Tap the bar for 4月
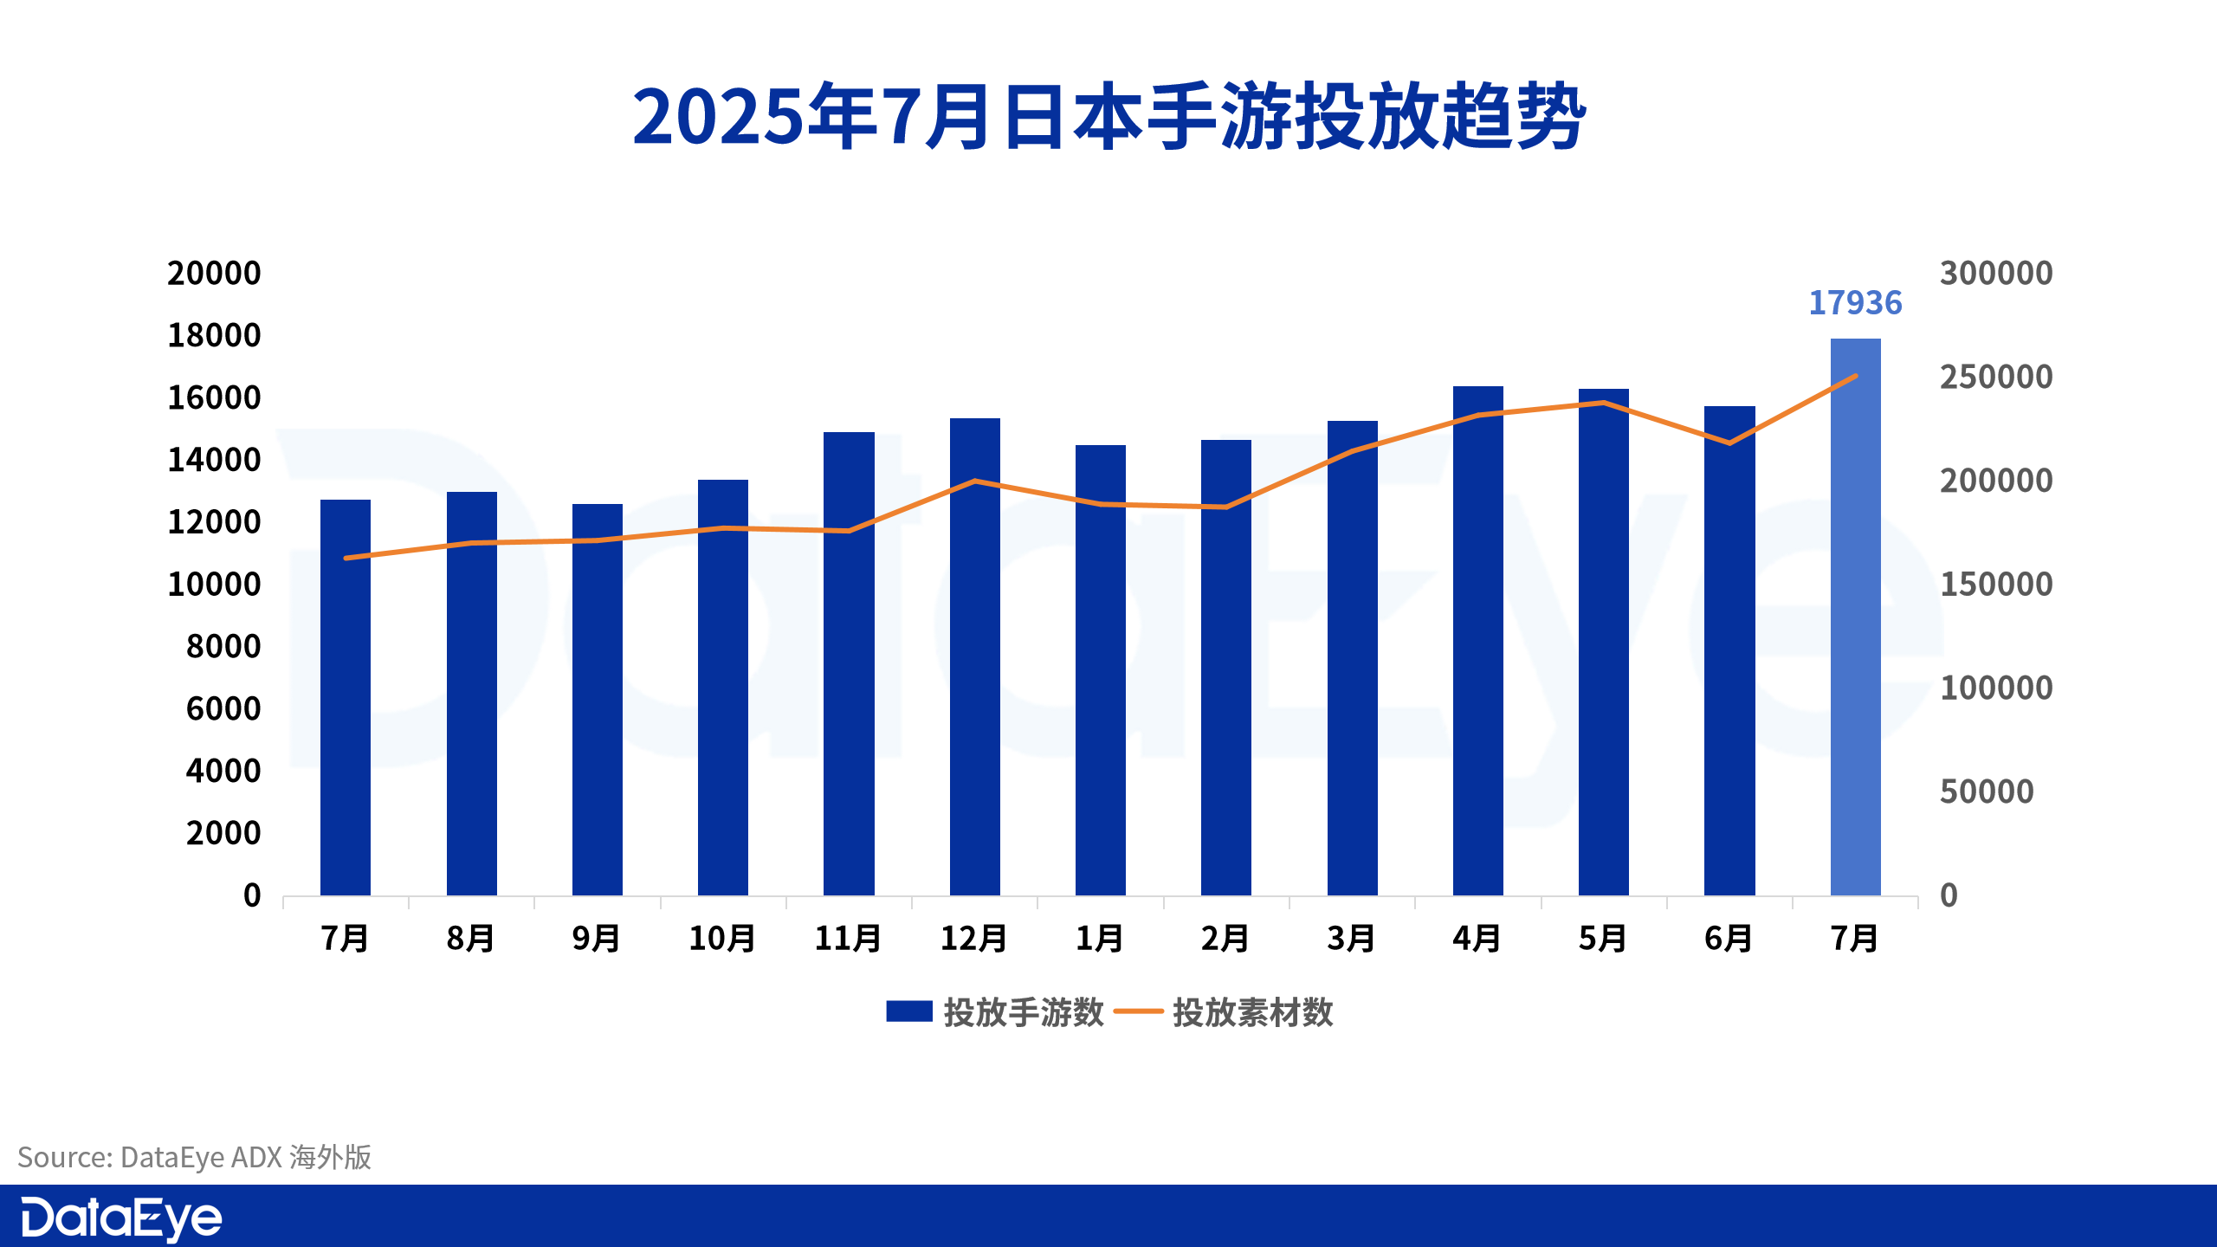tap(1477, 641)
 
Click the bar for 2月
tap(1225, 668)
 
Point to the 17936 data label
tap(1855, 303)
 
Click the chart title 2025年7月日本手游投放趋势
tap(1108, 117)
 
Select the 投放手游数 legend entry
tap(996, 1012)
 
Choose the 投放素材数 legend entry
tap(1225, 1012)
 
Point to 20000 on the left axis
tap(214, 274)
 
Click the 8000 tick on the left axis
tap(223, 647)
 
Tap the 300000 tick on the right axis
tap(1995, 274)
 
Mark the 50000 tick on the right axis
tap(1986, 791)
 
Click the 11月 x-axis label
tap(848, 939)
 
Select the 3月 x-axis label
tap(1351, 939)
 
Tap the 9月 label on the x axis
tap(597, 939)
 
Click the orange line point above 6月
tap(1729, 443)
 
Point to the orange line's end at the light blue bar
tap(1855, 377)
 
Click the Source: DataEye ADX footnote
tap(194, 1158)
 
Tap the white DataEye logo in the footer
tap(121, 1218)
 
